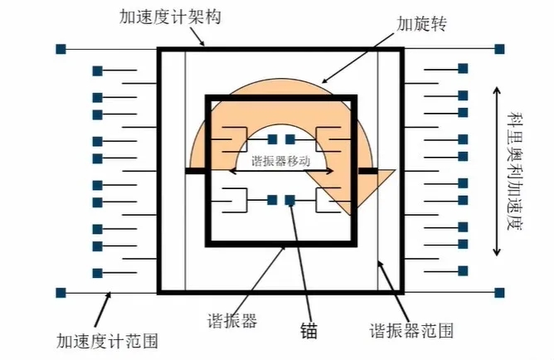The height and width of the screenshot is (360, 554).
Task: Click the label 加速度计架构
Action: click(x=170, y=17)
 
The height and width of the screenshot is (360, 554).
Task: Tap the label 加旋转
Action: click(x=421, y=24)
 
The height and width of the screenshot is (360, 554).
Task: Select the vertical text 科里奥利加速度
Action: click(x=514, y=171)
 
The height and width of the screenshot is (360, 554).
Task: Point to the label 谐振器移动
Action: click(x=281, y=161)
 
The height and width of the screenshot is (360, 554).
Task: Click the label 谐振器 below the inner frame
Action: click(x=232, y=321)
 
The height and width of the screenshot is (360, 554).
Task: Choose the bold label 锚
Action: click(x=309, y=330)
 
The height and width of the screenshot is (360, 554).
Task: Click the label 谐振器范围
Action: click(x=411, y=331)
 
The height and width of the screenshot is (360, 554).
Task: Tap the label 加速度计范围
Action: click(x=107, y=341)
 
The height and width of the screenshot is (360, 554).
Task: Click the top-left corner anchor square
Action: click(x=61, y=49)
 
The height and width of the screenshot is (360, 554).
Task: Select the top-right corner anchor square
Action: click(x=499, y=49)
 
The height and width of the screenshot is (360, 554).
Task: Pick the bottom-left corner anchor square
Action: click(x=61, y=293)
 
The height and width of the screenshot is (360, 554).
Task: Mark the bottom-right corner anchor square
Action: click(x=499, y=293)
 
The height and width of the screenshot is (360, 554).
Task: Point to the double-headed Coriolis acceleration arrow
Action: click(x=497, y=171)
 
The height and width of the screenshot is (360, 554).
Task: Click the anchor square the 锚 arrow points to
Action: click(x=290, y=200)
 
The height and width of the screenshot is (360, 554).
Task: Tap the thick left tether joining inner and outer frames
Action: click(x=196, y=171)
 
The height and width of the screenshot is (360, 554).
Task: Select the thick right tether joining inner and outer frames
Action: click(x=368, y=171)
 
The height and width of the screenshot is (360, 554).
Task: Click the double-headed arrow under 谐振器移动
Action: click(x=281, y=171)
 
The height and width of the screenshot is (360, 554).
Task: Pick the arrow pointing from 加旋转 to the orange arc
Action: click(x=357, y=58)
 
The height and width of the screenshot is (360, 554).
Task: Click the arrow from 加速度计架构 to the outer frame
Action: click(x=197, y=36)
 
